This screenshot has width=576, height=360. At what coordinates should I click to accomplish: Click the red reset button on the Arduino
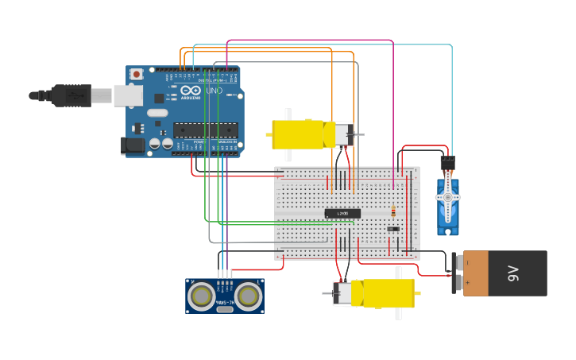(137, 74)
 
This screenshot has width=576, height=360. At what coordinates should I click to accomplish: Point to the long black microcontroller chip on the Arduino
(205, 129)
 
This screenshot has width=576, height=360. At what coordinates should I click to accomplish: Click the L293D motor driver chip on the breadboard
(342, 213)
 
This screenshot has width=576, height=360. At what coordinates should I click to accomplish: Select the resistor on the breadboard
(392, 211)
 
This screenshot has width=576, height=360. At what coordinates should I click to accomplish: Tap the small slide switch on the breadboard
(393, 229)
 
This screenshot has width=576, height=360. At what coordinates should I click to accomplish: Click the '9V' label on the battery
(513, 274)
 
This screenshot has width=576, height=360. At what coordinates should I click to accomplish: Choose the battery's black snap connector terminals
(456, 273)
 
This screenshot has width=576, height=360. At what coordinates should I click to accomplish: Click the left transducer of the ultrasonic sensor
(201, 296)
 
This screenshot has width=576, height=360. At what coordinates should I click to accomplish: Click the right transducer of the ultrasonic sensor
(249, 296)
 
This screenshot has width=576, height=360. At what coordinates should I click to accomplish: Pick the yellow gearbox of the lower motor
(384, 292)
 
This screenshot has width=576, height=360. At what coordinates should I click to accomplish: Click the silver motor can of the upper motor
(342, 134)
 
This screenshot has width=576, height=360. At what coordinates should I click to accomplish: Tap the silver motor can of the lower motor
(342, 293)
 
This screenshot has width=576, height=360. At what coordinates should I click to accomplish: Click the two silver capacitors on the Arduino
(161, 144)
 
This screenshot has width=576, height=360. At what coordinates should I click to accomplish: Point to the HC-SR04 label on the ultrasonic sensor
(225, 301)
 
